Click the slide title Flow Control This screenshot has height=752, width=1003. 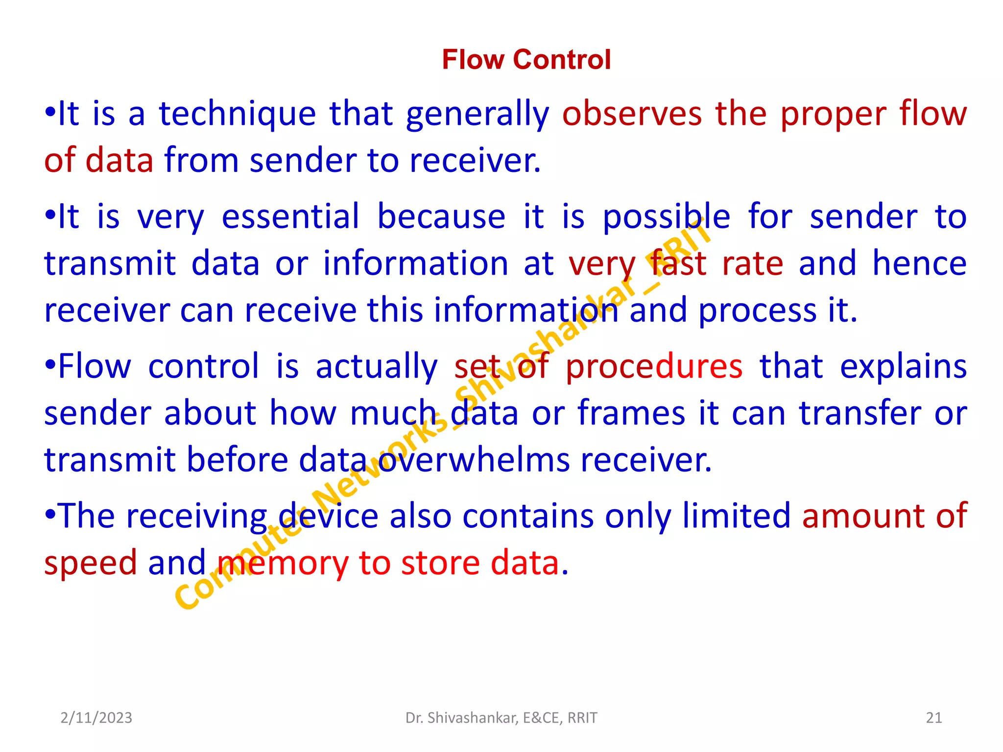[526, 60]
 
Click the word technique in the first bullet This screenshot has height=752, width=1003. [238, 115]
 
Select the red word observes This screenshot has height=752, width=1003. [632, 115]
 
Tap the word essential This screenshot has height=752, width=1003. [290, 217]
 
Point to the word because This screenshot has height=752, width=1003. [441, 217]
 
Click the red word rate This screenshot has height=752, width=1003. [753, 264]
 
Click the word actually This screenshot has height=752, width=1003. [376, 367]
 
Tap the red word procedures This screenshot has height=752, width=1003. [654, 367]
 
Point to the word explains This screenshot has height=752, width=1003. [903, 367]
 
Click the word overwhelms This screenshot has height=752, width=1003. [474, 461]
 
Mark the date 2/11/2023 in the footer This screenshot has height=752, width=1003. [96, 718]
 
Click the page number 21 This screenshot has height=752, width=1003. [934, 718]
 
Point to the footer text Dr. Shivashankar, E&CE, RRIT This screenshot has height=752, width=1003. [501, 718]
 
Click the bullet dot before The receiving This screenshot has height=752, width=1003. [50, 515]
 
